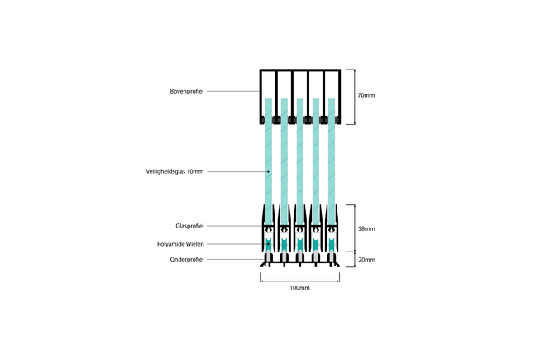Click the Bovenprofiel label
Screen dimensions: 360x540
tap(187, 91)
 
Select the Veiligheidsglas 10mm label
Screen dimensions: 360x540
tap(174, 172)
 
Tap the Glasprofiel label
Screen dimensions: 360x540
tap(189, 226)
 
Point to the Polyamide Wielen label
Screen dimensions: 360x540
tap(180, 244)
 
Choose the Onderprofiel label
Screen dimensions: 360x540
tap(188, 260)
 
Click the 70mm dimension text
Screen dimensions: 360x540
tap(366, 96)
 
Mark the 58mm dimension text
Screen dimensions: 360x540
tap(366, 228)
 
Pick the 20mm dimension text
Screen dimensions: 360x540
tap(366, 260)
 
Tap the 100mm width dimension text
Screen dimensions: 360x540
tap(299, 288)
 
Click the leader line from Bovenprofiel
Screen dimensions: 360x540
tap(233, 91)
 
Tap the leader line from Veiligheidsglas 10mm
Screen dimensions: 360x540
tap(236, 172)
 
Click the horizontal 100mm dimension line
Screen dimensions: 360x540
tap(299, 278)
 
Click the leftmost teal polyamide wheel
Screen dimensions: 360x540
tap(268, 244)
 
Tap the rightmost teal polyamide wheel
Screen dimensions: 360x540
tap(331, 244)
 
